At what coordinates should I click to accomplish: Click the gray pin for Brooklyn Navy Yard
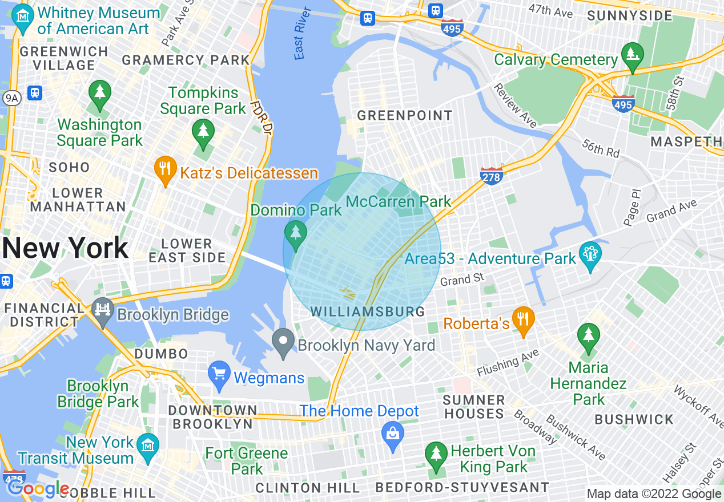point(283,342)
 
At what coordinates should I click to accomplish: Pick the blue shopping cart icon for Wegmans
point(219,374)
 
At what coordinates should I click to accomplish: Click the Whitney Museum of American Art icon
point(22,18)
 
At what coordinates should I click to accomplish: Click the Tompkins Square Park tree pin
point(203,132)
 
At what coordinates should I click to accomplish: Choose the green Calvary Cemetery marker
point(632,56)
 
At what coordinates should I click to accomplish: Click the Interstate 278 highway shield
point(491,176)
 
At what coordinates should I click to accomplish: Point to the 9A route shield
point(11,98)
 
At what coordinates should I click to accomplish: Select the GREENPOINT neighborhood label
point(404,116)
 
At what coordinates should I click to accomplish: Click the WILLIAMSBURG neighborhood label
point(368,311)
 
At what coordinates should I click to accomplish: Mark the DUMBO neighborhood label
point(161,354)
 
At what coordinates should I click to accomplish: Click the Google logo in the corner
point(38,488)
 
